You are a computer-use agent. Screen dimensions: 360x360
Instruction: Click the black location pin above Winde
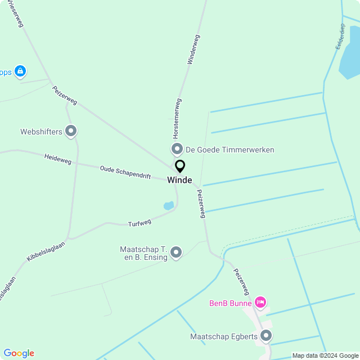click(x=180, y=166)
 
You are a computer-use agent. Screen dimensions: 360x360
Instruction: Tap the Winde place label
click(x=179, y=181)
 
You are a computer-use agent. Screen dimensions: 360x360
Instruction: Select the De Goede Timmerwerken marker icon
click(x=177, y=150)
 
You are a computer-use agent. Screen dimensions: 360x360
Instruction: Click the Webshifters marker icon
click(x=71, y=132)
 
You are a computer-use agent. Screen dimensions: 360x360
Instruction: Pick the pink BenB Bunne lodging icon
click(x=260, y=303)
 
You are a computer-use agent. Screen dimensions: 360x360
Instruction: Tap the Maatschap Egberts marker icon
click(x=266, y=336)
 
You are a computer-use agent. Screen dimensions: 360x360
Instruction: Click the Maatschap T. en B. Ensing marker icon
click(x=176, y=253)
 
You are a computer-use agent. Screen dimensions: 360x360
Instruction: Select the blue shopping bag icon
click(x=20, y=71)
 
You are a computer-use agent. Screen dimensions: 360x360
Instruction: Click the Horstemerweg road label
click(x=176, y=119)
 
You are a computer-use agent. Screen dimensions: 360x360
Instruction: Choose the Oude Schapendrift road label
click(x=125, y=172)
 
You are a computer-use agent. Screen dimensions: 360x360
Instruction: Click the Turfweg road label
click(x=139, y=223)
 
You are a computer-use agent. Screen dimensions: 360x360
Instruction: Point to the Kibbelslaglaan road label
click(x=46, y=251)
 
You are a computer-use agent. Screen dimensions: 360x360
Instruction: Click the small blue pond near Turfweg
click(x=169, y=206)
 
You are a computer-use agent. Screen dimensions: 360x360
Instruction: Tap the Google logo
click(x=19, y=353)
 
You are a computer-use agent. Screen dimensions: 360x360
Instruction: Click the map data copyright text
click(x=325, y=355)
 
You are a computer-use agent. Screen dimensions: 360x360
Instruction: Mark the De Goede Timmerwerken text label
click(x=229, y=150)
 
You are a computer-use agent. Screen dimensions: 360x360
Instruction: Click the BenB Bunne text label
click(x=231, y=303)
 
